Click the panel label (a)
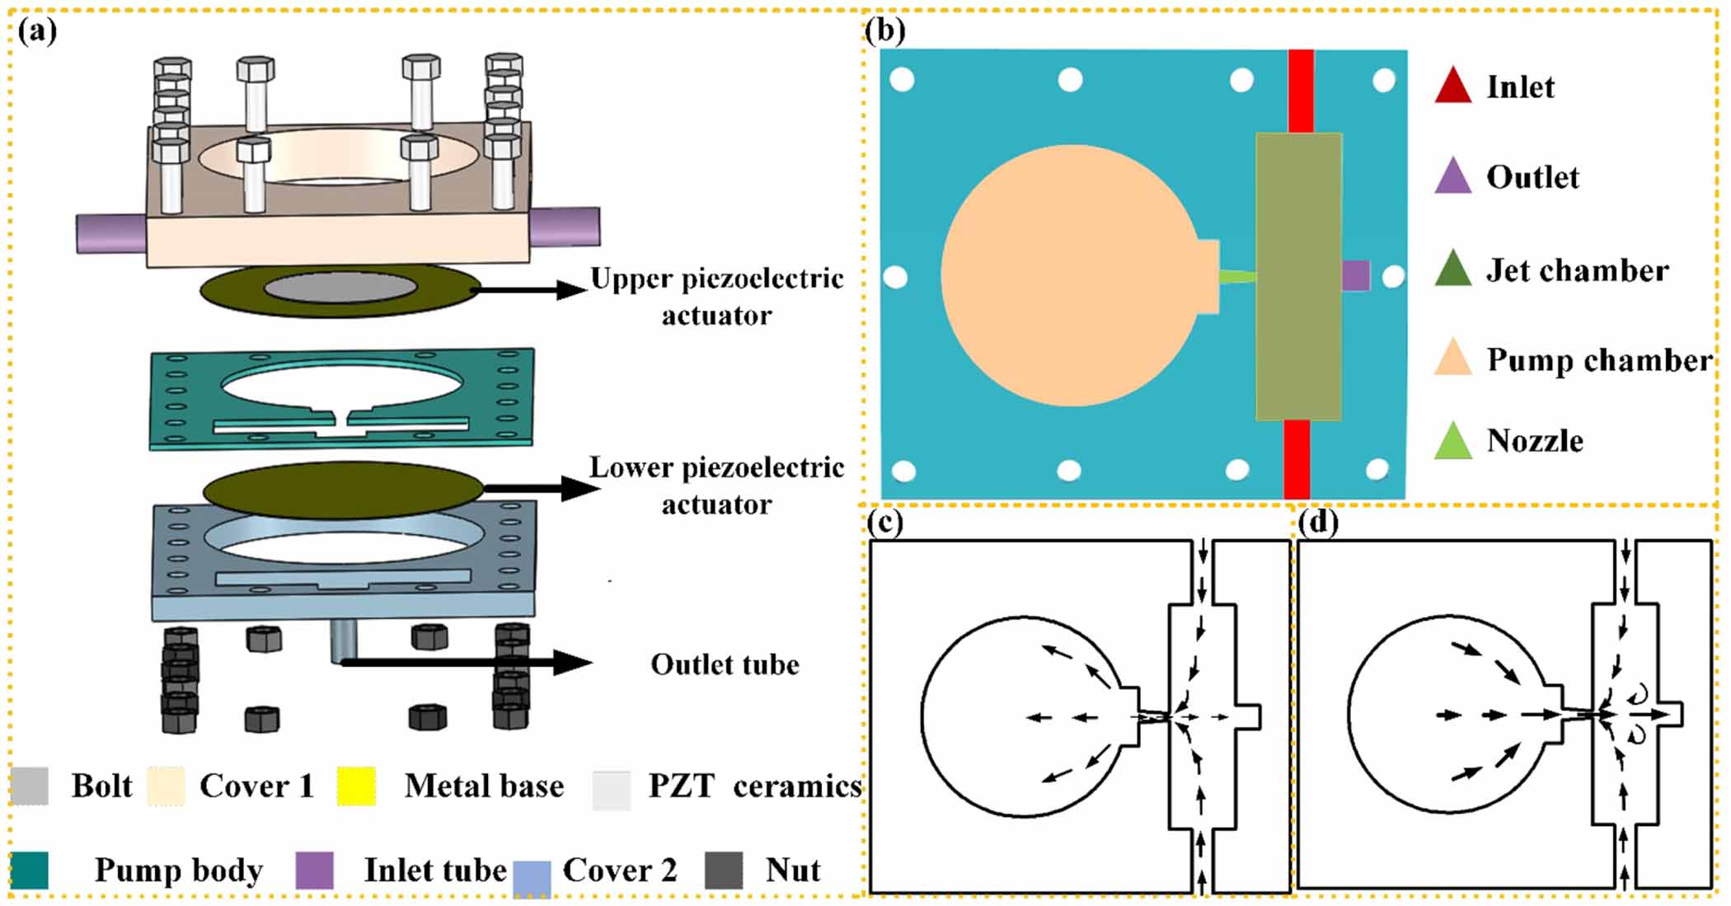pos(36,31)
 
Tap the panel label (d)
pos(1317,523)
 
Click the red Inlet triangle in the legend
pos(1452,87)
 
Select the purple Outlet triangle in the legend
pos(1452,177)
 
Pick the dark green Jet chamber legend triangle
pos(1452,270)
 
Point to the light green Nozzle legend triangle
pos(1452,443)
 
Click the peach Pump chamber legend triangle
pos(1452,359)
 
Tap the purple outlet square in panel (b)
pos(1356,275)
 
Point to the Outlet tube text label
pos(725,664)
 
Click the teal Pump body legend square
pos(30,870)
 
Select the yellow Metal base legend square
pos(356,786)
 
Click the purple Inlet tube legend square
pos(314,870)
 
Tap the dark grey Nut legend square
pos(724,870)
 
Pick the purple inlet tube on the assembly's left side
pos(111,233)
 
